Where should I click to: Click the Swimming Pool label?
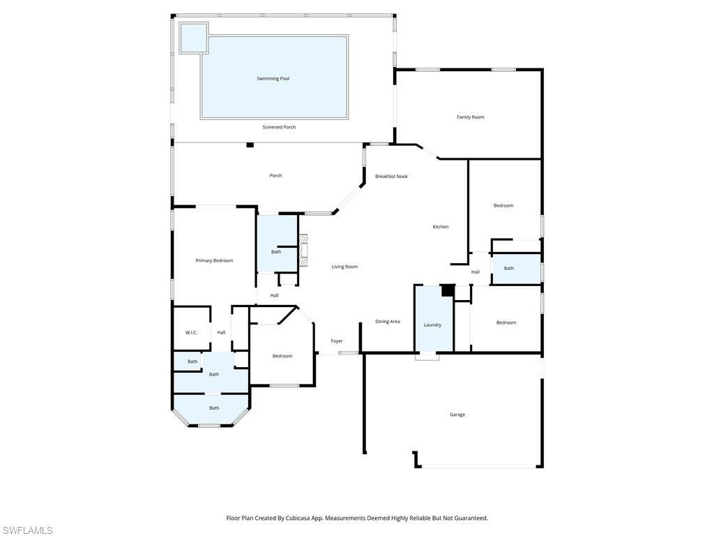(x=273, y=79)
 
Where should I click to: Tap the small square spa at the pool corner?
(x=194, y=38)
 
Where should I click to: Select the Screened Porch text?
(x=279, y=127)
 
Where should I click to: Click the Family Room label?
(x=470, y=117)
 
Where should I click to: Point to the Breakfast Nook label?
(x=391, y=177)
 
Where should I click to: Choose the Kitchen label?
(x=440, y=227)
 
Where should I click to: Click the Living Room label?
(x=344, y=267)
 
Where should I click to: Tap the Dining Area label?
(x=388, y=322)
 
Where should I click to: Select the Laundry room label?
(x=432, y=325)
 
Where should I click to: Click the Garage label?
(x=457, y=415)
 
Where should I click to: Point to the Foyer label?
(x=337, y=341)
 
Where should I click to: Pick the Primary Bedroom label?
(x=214, y=260)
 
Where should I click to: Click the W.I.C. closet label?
(x=191, y=332)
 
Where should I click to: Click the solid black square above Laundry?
(x=448, y=290)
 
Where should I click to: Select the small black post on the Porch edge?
(x=250, y=144)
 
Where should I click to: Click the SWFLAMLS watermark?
(x=26, y=530)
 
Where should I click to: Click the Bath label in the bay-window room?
(x=214, y=408)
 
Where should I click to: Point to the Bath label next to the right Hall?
(x=509, y=268)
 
